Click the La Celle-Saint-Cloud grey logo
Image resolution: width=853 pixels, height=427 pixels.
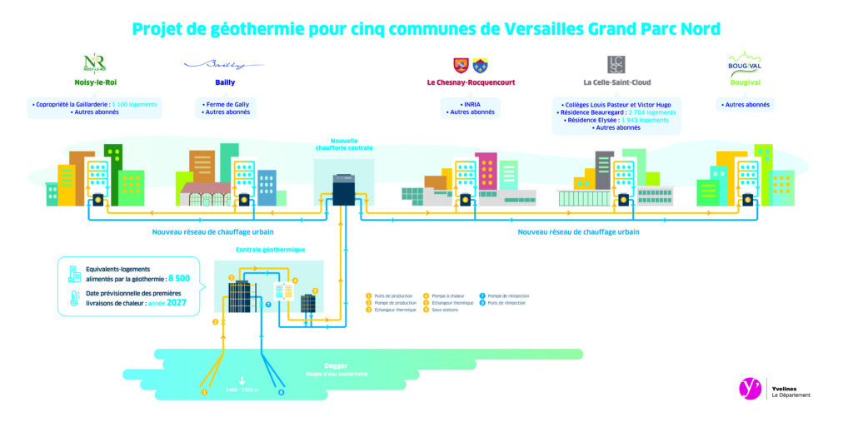[x=616, y=63]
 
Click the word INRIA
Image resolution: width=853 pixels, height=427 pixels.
[x=471, y=104]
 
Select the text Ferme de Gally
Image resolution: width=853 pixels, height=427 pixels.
[x=222, y=104]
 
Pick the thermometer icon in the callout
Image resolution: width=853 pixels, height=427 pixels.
[x=73, y=300]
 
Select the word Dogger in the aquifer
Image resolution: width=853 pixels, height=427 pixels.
[x=336, y=366]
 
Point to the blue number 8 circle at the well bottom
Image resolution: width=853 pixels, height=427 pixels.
[x=281, y=391]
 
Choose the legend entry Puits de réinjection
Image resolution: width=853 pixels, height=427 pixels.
[x=509, y=303]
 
